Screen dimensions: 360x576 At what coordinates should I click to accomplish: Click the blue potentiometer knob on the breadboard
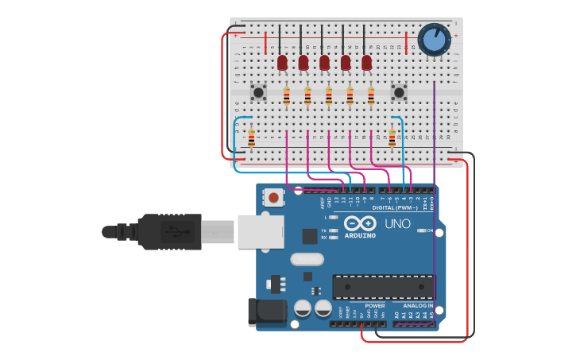(434, 40)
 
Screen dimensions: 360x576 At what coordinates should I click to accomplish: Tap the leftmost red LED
(282, 62)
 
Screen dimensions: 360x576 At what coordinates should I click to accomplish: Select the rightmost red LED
(366, 62)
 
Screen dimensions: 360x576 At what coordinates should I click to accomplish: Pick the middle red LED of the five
(324, 62)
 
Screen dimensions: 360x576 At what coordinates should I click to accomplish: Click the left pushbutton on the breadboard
(258, 92)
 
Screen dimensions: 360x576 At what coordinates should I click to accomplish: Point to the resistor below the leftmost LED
(287, 96)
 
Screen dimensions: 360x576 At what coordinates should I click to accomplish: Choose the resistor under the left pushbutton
(251, 138)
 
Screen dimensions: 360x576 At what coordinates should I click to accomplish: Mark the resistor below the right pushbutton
(392, 138)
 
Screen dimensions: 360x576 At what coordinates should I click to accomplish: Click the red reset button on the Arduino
(273, 197)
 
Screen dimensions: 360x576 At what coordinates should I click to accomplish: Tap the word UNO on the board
(397, 224)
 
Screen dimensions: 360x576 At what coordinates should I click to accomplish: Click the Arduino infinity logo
(360, 223)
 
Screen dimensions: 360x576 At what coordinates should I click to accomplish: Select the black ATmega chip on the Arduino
(383, 287)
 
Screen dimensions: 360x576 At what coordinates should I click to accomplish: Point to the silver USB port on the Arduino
(260, 231)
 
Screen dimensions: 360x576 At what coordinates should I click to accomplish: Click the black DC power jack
(266, 312)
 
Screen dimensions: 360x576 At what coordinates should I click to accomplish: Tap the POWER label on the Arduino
(374, 305)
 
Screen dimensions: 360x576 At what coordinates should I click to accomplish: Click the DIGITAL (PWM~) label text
(395, 207)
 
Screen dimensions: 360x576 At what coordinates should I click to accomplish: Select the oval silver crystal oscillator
(307, 259)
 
